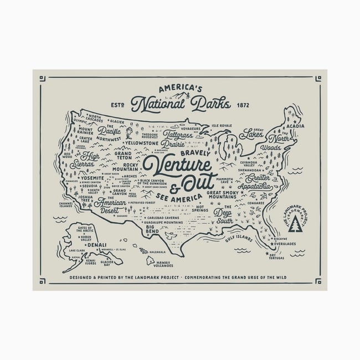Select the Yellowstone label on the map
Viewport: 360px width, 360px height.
tap(143, 142)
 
